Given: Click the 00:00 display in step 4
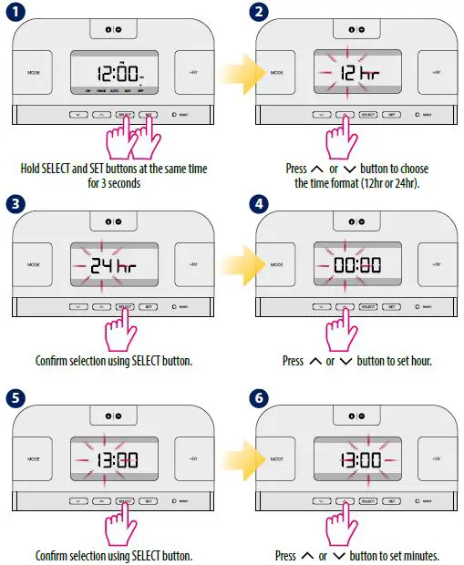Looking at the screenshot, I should tap(355, 266).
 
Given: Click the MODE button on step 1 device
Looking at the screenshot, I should tap(35, 70).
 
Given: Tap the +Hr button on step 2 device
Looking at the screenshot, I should tap(436, 70).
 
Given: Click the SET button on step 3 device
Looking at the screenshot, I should tap(149, 308).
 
